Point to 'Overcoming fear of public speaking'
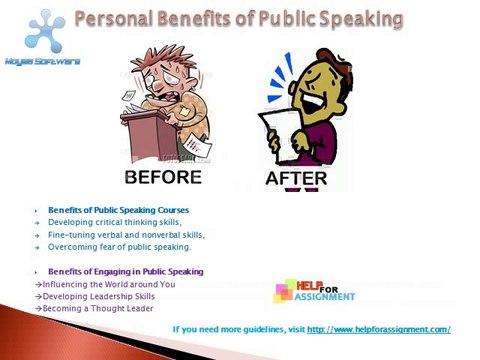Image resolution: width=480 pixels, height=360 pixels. (119, 246)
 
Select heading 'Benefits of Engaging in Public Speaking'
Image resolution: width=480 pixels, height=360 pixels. (125, 272)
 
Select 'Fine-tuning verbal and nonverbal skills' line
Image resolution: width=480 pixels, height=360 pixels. (126, 234)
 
